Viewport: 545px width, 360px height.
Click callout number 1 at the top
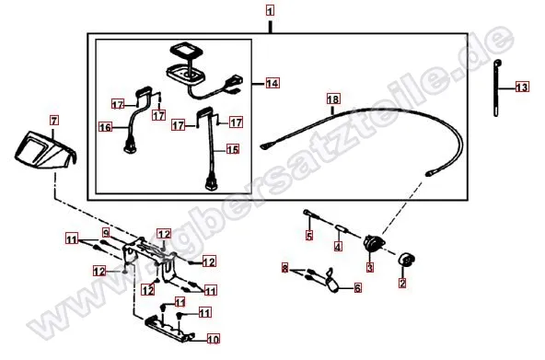[x=270, y=11]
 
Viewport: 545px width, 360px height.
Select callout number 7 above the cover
[x=52, y=121]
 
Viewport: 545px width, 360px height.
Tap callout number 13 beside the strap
[x=522, y=87]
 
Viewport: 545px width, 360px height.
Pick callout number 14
[x=272, y=84]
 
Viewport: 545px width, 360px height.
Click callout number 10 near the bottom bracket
[x=212, y=337]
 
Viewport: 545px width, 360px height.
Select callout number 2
[x=401, y=285]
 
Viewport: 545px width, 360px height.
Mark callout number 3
[x=369, y=268]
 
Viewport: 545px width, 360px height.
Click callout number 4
[x=338, y=246]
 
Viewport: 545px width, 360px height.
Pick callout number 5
[x=309, y=236]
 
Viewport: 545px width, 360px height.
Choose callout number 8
[x=286, y=267]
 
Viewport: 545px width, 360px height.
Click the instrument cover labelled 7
[x=43, y=149]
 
